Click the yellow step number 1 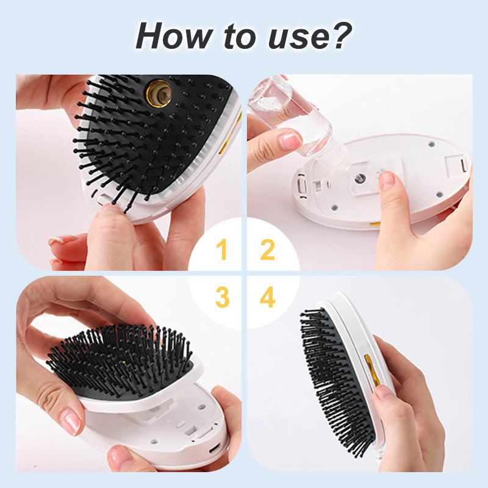click(221, 249)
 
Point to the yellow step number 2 click(267, 249)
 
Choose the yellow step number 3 click(222, 297)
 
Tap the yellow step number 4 click(268, 297)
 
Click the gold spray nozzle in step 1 click(159, 93)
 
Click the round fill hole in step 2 click(360, 179)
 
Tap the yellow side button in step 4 click(371, 370)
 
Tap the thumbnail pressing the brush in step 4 click(384, 392)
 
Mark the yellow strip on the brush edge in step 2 click(375, 224)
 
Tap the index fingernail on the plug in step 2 click(387, 180)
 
